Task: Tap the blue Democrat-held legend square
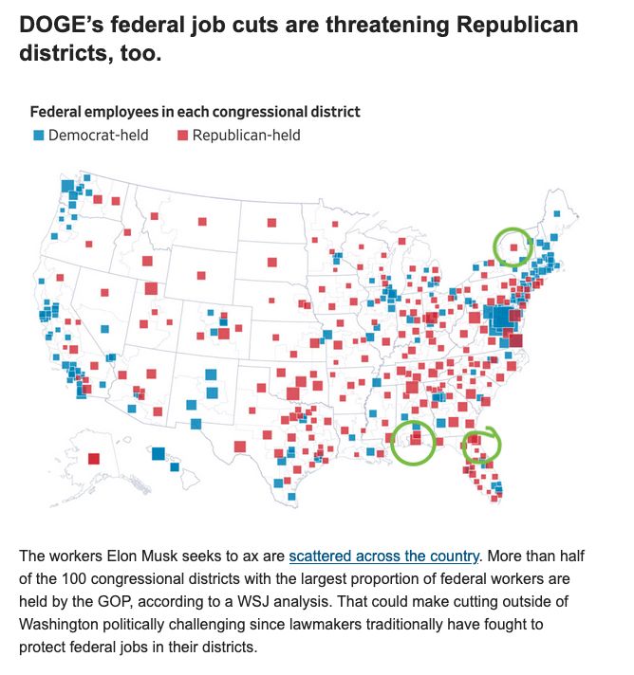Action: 39,136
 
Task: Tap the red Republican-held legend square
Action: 181,136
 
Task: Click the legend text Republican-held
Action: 246,136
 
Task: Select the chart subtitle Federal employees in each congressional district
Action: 195,112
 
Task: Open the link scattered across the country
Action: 384,556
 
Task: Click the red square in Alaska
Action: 93,460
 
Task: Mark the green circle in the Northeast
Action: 513,246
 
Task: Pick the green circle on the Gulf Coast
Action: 413,441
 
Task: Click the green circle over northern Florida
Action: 481,446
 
